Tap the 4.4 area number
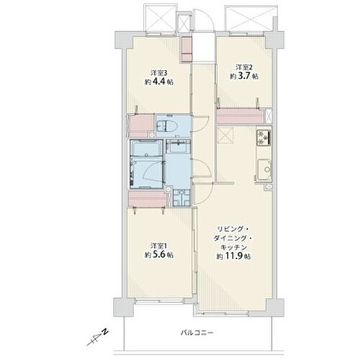click(x=158, y=82)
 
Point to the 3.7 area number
click(x=244, y=76)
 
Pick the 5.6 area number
click(x=158, y=255)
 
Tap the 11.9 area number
click(x=234, y=256)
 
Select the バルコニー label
click(x=197, y=333)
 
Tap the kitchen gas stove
click(x=264, y=138)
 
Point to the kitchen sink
click(x=265, y=169)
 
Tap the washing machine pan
click(x=181, y=197)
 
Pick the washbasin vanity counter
click(x=179, y=146)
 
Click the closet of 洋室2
click(x=240, y=116)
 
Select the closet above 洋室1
click(x=147, y=199)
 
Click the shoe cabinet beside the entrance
click(x=186, y=49)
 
